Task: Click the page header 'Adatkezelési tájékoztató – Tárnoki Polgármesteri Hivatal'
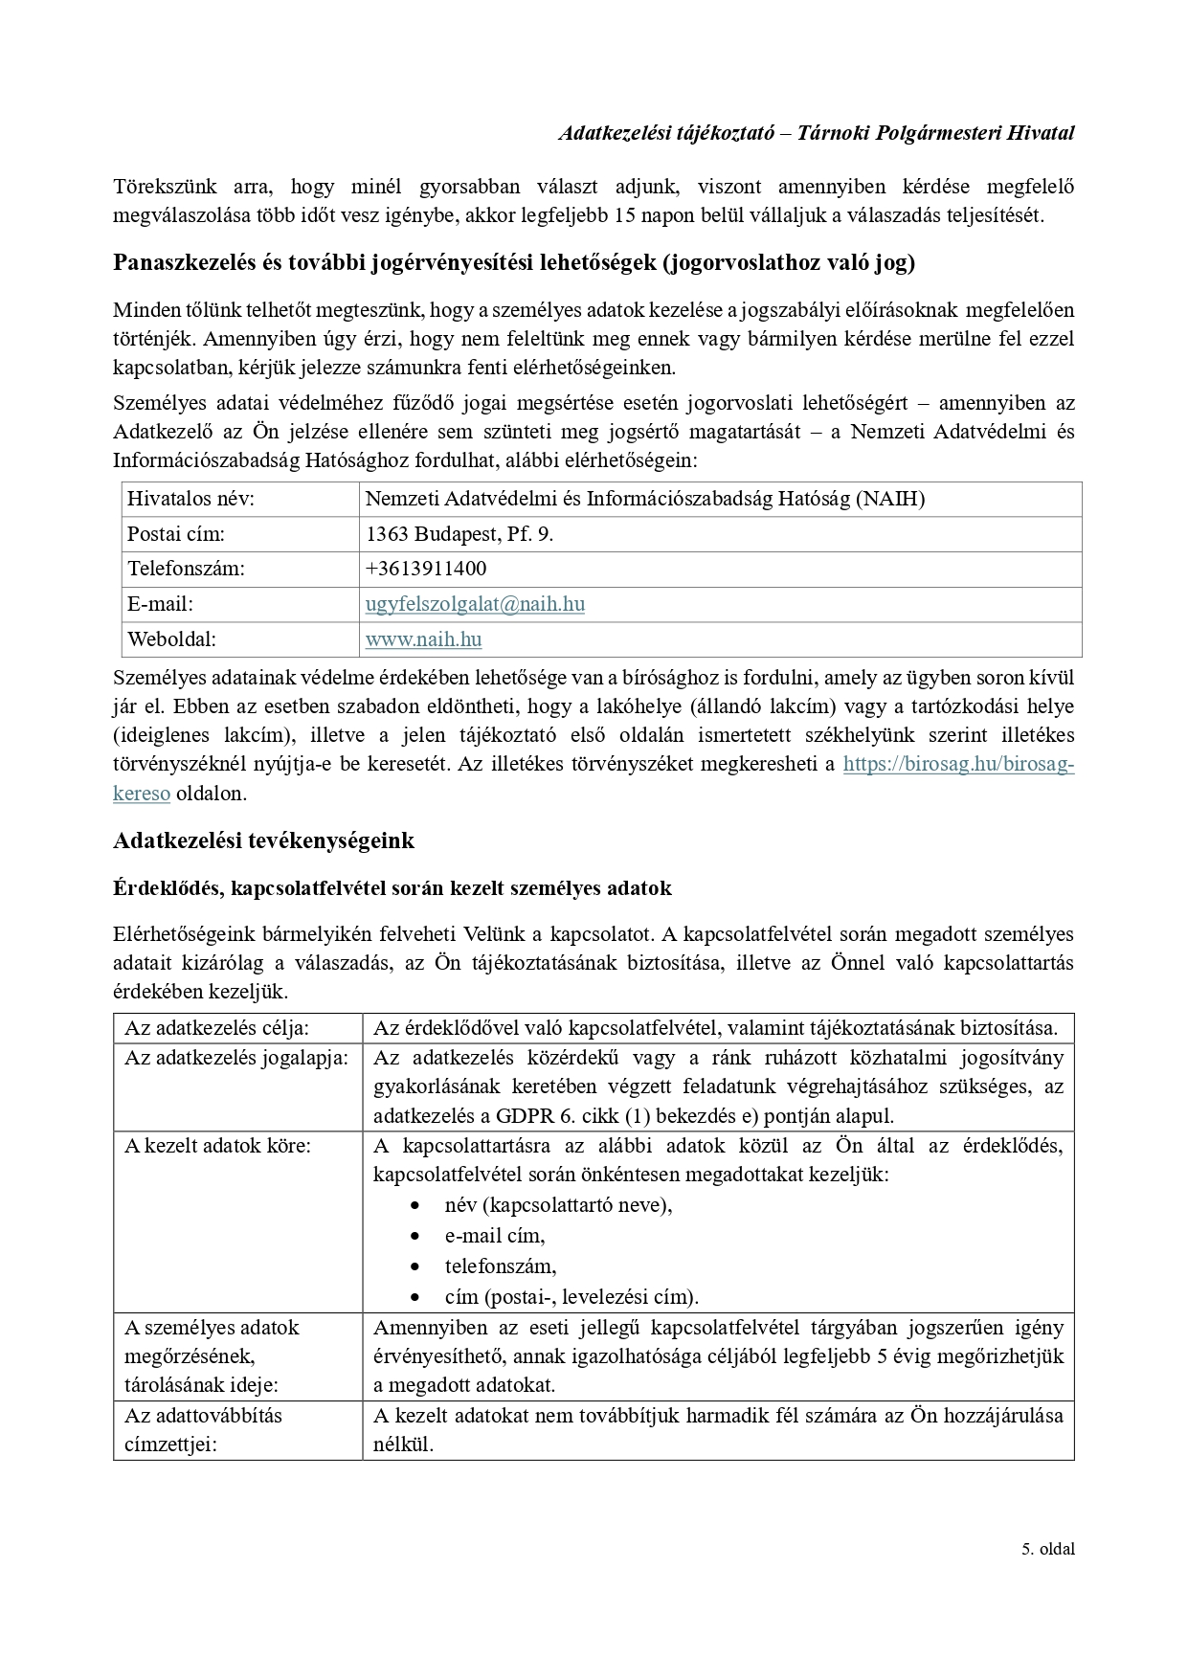[816, 133]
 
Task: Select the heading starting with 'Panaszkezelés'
[514, 263]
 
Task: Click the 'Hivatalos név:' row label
[191, 499]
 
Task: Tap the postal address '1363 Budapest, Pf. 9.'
[460, 534]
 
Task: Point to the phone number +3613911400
[426, 569]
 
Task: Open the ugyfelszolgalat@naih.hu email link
[475, 604]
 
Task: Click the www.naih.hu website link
[423, 639]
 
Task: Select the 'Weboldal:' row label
[172, 639]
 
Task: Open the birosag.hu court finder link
[957, 765]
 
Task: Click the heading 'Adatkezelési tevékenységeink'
[264, 841]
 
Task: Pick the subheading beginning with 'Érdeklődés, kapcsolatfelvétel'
[392, 888]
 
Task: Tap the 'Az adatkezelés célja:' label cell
[217, 1029]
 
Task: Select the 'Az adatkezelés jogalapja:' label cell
[236, 1059]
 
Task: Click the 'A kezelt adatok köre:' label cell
[217, 1146]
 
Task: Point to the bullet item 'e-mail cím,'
[495, 1236]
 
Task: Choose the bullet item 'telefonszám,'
[501, 1266]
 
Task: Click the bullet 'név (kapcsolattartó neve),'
[558, 1205]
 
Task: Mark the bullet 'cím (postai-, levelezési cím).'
[572, 1297]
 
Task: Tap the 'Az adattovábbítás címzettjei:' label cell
[203, 1430]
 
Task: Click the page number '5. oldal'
[1047, 1576]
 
